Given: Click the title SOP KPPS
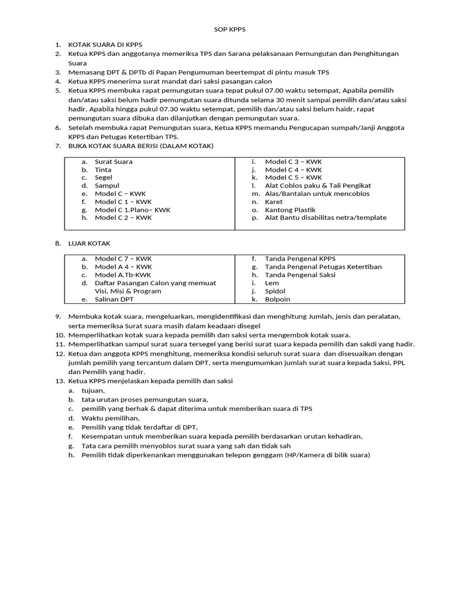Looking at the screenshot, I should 225,29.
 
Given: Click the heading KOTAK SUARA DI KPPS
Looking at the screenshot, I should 105,45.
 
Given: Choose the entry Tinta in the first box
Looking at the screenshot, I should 103,170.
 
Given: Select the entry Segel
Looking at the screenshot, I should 103,178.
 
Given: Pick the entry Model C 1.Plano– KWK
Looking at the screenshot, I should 133,210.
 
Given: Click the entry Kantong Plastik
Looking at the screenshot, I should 290,210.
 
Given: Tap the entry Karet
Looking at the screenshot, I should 274,202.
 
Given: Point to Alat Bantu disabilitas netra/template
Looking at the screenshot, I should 325,218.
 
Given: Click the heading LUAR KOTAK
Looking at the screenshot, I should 89,243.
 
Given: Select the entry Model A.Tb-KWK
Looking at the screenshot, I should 123,275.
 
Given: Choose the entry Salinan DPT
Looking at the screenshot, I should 114,299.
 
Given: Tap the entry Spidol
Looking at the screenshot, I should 275,291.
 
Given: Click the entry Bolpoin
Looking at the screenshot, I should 277,299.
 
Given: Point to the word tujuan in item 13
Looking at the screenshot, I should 93,390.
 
